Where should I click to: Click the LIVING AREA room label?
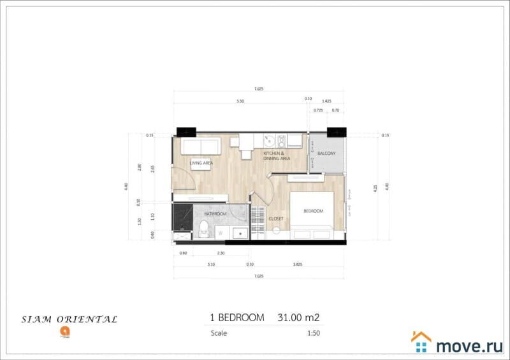[201, 163]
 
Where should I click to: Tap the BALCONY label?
[326, 153]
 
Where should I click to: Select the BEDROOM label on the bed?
[313, 211]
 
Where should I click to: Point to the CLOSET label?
[275, 219]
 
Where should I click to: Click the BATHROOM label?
[215, 214]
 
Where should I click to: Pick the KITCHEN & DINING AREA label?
[277, 155]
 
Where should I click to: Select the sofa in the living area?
[200, 147]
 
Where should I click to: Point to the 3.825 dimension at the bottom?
[296, 264]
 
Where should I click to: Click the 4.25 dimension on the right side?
[375, 188]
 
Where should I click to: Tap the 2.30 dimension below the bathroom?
[221, 254]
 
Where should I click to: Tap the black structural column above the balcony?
[335, 131]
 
